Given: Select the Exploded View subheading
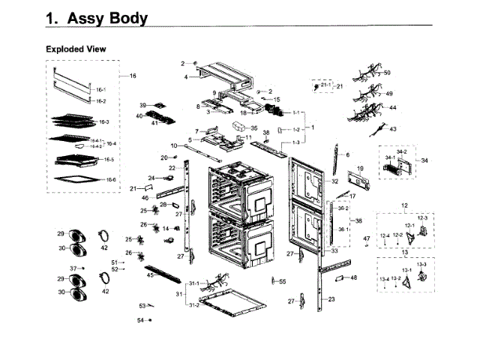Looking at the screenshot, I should (x=76, y=49).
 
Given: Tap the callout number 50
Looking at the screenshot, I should (x=387, y=73).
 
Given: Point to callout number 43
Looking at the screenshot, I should (x=392, y=129).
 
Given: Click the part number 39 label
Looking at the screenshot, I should (x=142, y=105).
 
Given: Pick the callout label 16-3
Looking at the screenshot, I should (x=103, y=121).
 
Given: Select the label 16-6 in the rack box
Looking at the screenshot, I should (x=110, y=179).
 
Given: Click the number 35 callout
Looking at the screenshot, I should (x=253, y=128).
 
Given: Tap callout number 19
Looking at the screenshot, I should (x=360, y=169).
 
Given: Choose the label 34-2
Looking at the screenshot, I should (x=402, y=151).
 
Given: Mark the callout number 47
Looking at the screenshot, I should (x=367, y=238).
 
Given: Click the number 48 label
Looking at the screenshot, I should (x=354, y=277).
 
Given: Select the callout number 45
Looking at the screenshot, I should (x=150, y=275).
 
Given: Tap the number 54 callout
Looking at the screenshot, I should (x=140, y=320).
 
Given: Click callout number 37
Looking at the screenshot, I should (x=73, y=268).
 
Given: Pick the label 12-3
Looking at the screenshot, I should (x=421, y=217).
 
